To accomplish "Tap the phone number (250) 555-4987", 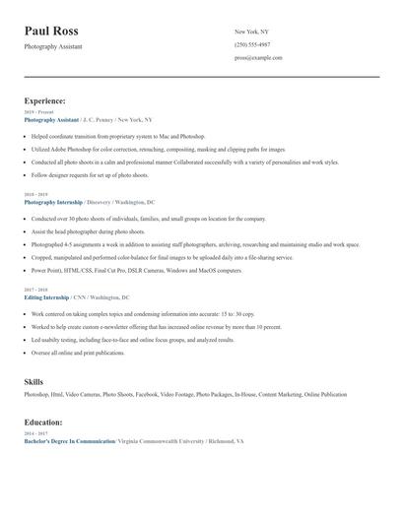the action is [252, 45].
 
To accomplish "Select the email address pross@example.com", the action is [258, 58].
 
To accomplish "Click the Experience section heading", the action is [45, 100].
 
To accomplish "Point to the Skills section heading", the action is [34, 380].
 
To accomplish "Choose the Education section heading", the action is [44, 422].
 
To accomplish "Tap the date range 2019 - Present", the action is [40, 112].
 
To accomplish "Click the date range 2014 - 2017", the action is [36, 433].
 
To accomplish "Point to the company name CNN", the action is [79, 296].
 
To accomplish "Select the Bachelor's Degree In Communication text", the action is [69, 441].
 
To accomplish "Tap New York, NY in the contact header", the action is [251, 33].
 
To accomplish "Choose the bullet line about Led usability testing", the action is [133, 339].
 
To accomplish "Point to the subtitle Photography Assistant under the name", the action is [53, 46].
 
